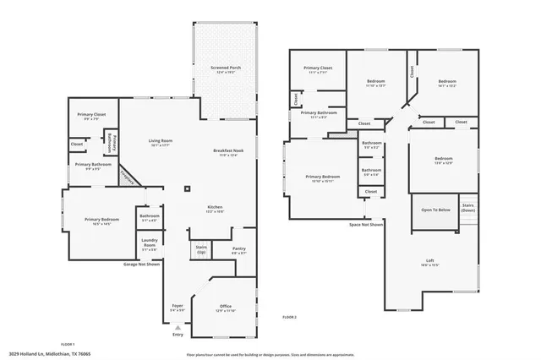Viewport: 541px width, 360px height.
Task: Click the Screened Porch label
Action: (x=225, y=68)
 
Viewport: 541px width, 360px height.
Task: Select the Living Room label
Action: (x=161, y=143)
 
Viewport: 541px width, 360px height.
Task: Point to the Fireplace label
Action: (x=128, y=174)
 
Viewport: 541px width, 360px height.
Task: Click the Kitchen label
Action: (x=216, y=209)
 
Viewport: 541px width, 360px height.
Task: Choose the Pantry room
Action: (x=239, y=250)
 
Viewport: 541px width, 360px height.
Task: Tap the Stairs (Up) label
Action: (x=201, y=250)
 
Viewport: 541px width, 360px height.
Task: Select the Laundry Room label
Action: (x=149, y=247)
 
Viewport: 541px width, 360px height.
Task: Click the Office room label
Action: (x=226, y=308)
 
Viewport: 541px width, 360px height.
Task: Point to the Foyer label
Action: (x=178, y=308)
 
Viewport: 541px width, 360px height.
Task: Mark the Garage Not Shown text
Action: (x=142, y=265)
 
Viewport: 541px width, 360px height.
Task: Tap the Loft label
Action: (x=430, y=262)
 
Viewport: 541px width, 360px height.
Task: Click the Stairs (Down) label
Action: (x=467, y=208)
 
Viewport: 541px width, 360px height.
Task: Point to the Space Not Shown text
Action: (x=366, y=225)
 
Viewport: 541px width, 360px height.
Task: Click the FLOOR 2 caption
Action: (x=289, y=316)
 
